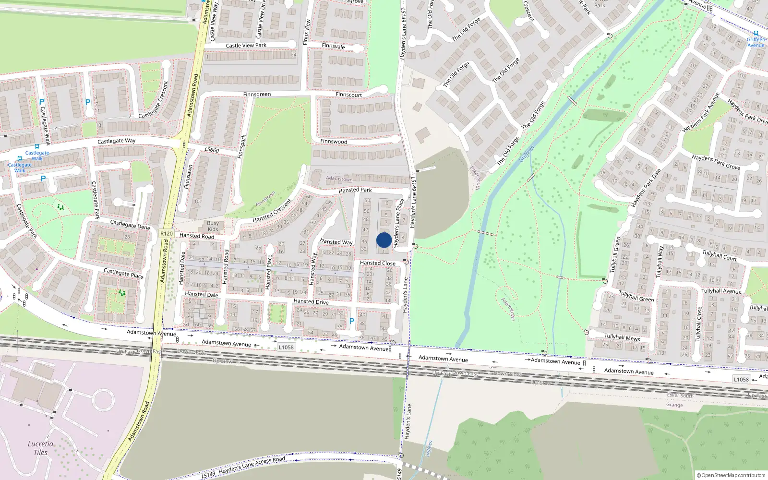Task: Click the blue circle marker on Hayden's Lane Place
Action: pos(384,240)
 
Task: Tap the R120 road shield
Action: pos(167,234)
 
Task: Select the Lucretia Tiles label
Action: pos(40,448)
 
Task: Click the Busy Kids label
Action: pos(213,226)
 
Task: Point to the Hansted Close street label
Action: pos(378,263)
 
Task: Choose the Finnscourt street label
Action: pos(348,95)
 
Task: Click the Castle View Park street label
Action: pos(246,46)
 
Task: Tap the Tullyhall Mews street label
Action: pos(622,337)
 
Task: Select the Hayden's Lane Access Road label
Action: pos(252,465)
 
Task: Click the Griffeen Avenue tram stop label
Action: pos(756,42)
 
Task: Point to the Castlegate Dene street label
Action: pos(130,225)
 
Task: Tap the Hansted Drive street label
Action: pos(311,301)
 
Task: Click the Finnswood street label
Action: pos(334,142)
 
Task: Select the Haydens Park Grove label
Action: pos(716,162)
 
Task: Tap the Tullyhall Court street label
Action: pos(720,255)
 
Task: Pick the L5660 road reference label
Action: pos(212,150)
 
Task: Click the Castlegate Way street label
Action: pos(116,141)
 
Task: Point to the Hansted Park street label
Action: pos(355,190)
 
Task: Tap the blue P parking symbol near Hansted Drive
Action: pos(352,321)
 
